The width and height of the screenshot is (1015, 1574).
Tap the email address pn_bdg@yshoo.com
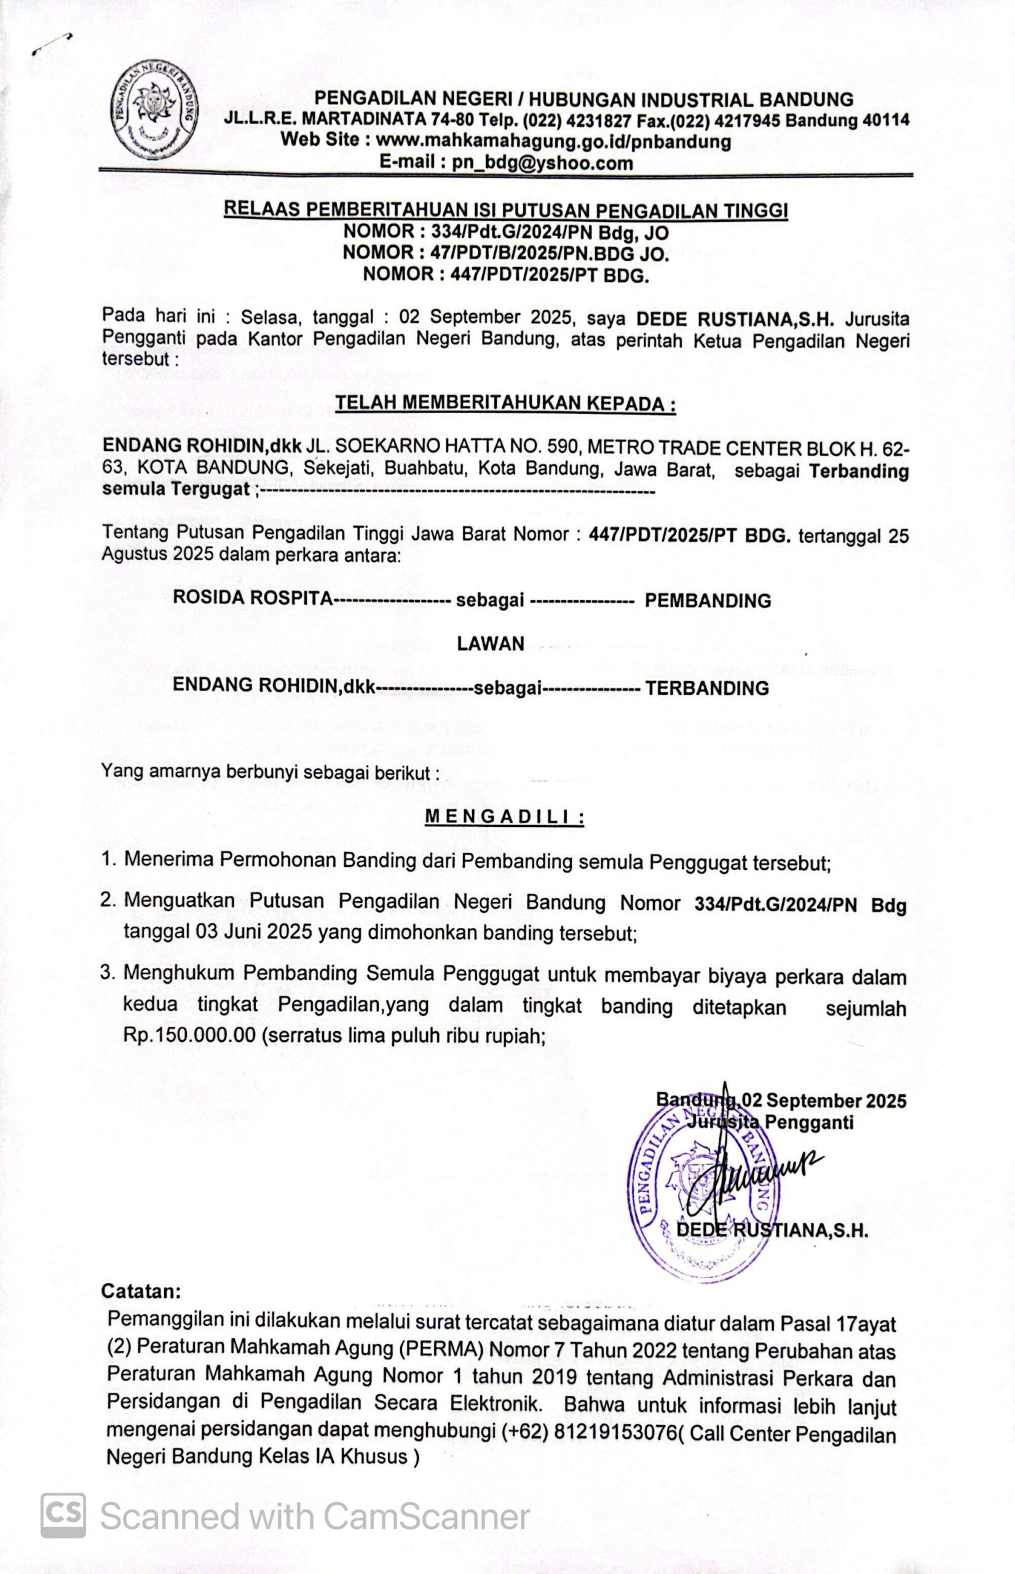point(542,163)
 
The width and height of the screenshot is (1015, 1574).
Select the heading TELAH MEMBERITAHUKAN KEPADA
point(505,403)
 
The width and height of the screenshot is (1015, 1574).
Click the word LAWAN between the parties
point(491,643)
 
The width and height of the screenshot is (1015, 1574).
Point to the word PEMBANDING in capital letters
point(707,601)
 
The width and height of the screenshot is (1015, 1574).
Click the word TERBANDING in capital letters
point(706,689)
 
